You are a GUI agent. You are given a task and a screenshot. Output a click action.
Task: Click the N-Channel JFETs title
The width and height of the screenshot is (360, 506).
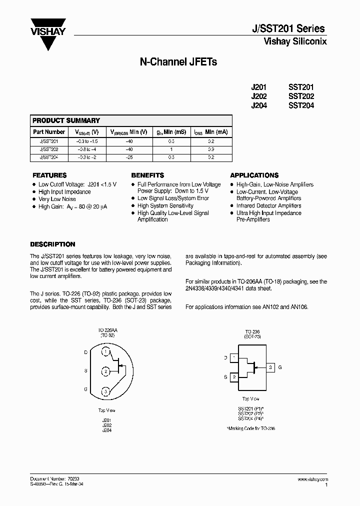pyautogui.click(x=177, y=63)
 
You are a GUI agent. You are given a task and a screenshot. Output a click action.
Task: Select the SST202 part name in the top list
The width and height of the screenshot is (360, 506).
pyautogui.click(x=301, y=96)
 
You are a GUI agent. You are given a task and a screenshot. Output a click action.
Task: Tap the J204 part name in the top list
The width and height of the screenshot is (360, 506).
pyautogui.click(x=259, y=105)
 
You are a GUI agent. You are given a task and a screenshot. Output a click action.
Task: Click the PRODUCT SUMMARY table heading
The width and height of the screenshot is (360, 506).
pyautogui.click(x=66, y=120)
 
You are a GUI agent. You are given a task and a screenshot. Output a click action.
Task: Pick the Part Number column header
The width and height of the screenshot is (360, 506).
pyautogui.click(x=49, y=132)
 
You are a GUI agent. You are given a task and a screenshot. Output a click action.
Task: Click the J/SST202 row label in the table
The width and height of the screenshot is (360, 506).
pyautogui.click(x=49, y=149)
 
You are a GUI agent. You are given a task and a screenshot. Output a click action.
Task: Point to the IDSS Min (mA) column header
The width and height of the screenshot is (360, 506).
pyautogui.click(x=211, y=132)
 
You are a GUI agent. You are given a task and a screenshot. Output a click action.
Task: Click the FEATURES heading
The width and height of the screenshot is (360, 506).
pyautogui.click(x=49, y=175)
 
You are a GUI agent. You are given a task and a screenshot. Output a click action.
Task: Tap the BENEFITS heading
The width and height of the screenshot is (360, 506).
pyautogui.click(x=147, y=175)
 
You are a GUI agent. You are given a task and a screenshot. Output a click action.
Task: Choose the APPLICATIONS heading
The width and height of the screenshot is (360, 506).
pyautogui.click(x=254, y=175)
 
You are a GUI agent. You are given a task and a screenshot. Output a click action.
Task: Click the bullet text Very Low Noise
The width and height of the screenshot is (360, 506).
pyautogui.click(x=57, y=199)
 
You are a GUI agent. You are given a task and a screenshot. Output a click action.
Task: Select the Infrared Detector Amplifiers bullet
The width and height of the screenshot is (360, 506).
pyautogui.click(x=268, y=205)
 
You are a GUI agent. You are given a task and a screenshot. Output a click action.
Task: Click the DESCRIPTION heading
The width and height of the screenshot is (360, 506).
pyautogui.click(x=52, y=244)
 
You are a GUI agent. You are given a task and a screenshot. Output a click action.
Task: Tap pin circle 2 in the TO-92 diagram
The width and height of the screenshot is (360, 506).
pyautogui.click(x=105, y=371)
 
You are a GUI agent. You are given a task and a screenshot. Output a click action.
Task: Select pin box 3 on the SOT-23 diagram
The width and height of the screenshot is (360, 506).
pyautogui.click(x=270, y=367)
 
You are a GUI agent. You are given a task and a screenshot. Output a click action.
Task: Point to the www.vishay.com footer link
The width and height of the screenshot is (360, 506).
pyautogui.click(x=312, y=479)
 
